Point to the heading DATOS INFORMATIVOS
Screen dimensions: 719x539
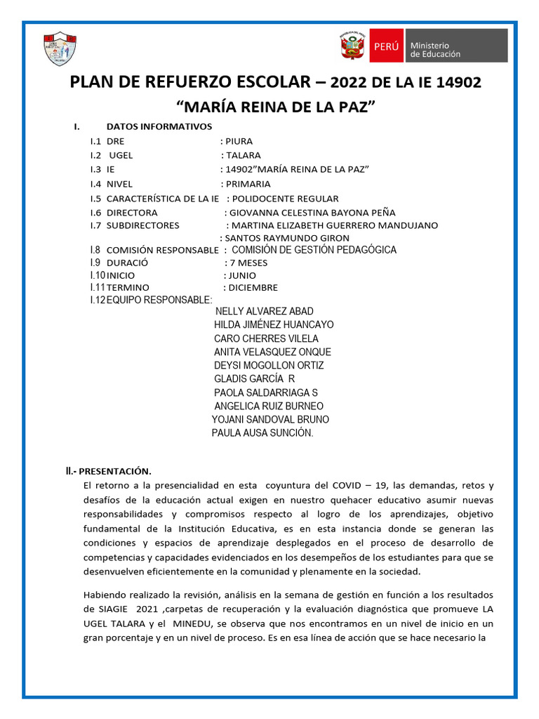(159, 126)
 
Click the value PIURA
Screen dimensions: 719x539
(239, 141)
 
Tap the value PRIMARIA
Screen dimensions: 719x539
(247, 184)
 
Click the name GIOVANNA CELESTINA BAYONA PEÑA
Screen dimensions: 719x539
(312, 212)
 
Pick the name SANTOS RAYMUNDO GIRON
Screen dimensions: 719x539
(277, 238)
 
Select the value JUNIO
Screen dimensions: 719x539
(242, 275)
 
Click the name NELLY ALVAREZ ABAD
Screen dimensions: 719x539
(265, 311)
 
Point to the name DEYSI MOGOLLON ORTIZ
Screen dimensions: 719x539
(269, 365)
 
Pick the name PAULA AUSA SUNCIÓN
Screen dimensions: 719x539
(262, 433)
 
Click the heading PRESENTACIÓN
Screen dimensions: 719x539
(114, 470)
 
